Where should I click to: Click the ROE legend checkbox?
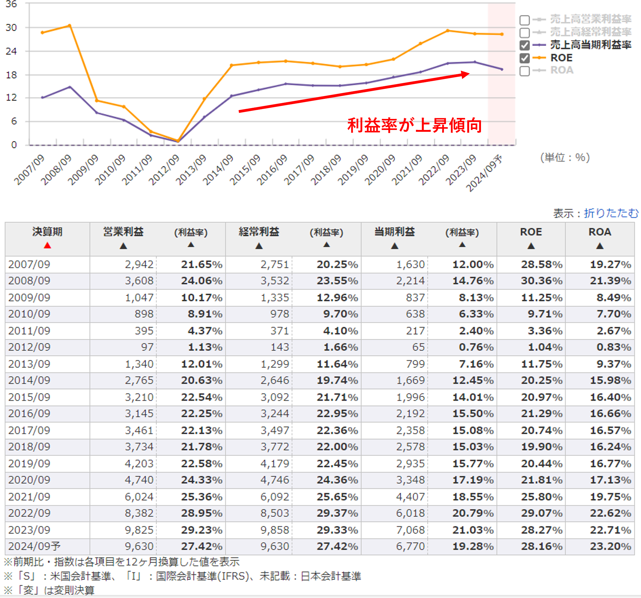pyautogui.click(x=524, y=58)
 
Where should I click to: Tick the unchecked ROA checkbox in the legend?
pyautogui.click(x=524, y=71)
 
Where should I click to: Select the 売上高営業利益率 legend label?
pyautogui.click(x=590, y=19)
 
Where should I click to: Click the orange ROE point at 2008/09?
pyautogui.click(x=70, y=26)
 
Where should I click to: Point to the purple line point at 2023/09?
pyautogui.click(x=475, y=62)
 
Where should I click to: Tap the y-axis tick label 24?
pyautogui.click(x=11, y=51)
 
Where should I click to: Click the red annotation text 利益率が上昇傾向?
pyautogui.click(x=414, y=125)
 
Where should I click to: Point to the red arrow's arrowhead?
pyautogui.click(x=465, y=75)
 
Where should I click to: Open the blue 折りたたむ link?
pyautogui.click(x=611, y=213)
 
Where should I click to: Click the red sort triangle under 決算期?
pyautogui.click(x=47, y=246)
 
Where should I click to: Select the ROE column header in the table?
pyautogui.click(x=531, y=232)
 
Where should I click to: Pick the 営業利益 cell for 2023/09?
pyautogui.click(x=139, y=530)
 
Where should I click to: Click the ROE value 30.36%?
pyautogui.click(x=541, y=281)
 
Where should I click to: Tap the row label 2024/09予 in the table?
pyautogui.click(x=34, y=546)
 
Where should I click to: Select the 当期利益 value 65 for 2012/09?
pyautogui.click(x=418, y=347)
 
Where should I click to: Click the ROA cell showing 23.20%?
pyautogui.click(x=610, y=546)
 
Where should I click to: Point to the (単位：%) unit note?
pyautogui.click(x=565, y=157)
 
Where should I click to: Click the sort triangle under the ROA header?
pyautogui.click(x=599, y=246)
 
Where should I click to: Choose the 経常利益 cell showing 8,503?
pyautogui.click(x=275, y=513)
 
